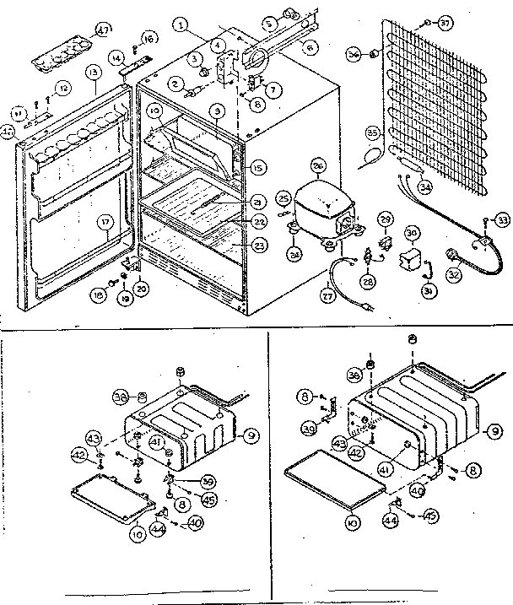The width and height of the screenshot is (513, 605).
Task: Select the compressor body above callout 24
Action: pos(314,208)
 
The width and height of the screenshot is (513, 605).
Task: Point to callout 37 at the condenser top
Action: pos(468,22)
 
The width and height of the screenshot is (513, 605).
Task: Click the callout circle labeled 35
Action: pos(371,132)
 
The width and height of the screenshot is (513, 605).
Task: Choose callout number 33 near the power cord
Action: pos(502,220)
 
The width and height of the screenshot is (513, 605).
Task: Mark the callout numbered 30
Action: pos(412,231)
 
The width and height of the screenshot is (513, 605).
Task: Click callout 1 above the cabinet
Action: pos(181,24)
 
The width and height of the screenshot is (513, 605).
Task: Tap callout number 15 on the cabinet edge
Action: pos(257,166)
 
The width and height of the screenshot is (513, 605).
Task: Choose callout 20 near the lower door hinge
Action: pos(140,288)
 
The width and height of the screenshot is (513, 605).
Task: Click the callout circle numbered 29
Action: pos(384,219)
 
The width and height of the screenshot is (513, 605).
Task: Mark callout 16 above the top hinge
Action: pos(149,39)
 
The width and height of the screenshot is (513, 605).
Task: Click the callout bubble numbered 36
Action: pos(354,55)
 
